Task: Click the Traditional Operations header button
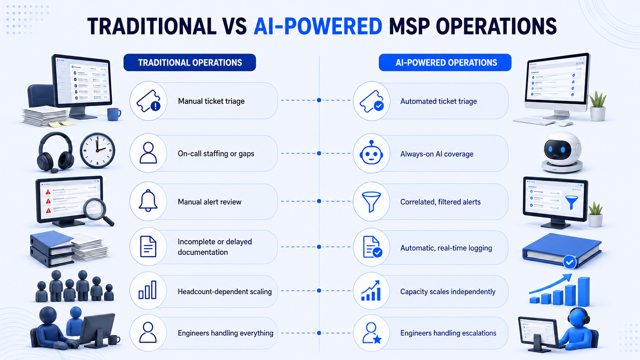click(189, 62)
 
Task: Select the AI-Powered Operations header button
click(445, 62)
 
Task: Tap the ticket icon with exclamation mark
click(149, 101)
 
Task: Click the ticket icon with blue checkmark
click(371, 101)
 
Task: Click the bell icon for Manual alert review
click(148, 200)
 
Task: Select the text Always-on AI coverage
click(437, 154)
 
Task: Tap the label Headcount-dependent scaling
click(225, 292)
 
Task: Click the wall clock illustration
click(97, 150)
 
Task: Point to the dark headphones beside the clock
click(55, 152)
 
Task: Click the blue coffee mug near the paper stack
click(114, 114)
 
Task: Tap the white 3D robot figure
click(562, 152)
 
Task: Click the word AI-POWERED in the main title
click(318, 26)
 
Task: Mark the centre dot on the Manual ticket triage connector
click(319, 100)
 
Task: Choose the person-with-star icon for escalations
click(372, 333)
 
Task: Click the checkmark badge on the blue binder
click(570, 262)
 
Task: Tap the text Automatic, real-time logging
click(446, 248)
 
